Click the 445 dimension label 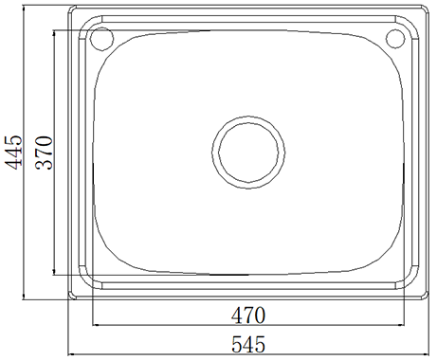click(x=13, y=152)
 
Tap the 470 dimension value click(x=248, y=315)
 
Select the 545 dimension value click(x=248, y=344)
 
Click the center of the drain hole click(x=248, y=153)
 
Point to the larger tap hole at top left click(x=101, y=39)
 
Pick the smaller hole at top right click(x=395, y=39)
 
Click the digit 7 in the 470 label click(x=248, y=315)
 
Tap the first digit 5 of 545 click(x=237, y=344)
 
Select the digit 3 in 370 click(x=44, y=165)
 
